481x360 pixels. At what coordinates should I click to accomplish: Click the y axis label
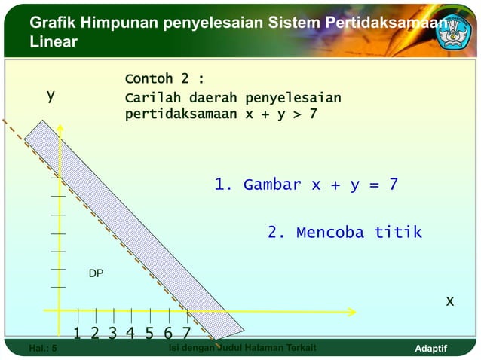click(x=51, y=96)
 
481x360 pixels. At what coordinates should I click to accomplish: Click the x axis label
click(x=449, y=301)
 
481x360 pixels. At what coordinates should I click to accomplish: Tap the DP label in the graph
click(x=96, y=273)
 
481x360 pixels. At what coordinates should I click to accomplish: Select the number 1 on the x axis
click(x=78, y=334)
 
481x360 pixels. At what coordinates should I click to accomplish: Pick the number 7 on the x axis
click(x=185, y=334)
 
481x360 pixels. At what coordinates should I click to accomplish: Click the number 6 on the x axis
click(x=167, y=334)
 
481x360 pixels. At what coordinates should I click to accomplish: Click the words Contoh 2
click(x=164, y=79)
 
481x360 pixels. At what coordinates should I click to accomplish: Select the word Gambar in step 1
click(x=272, y=185)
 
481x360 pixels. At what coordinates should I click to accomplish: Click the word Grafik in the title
click(x=53, y=23)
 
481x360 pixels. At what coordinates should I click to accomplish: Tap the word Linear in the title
click(x=53, y=42)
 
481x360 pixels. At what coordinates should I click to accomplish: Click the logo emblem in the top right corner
click(x=458, y=30)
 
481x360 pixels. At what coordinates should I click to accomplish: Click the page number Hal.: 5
click(x=42, y=348)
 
